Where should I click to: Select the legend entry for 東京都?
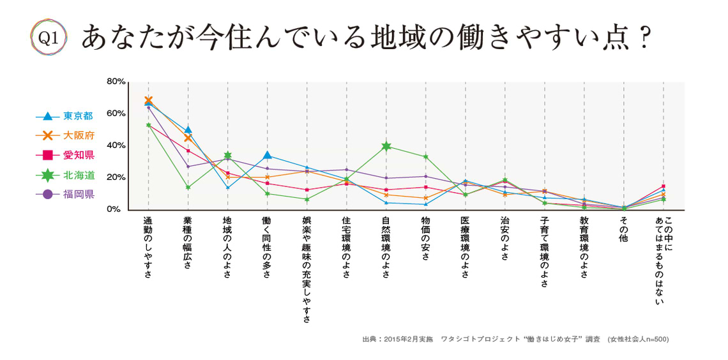[77, 116]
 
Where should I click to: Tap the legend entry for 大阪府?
[77, 135]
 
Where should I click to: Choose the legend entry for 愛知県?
[77, 154]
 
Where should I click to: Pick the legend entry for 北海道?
[77, 175]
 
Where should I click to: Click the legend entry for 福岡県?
[77, 194]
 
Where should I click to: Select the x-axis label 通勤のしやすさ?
[148, 247]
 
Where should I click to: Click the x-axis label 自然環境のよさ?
[386, 247]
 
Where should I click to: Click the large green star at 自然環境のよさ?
[386, 146]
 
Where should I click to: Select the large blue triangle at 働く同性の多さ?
[267, 155]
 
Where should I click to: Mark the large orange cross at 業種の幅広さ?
[188, 137]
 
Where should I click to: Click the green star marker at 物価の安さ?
[425, 156]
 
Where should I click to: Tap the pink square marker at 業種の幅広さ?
[188, 151]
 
